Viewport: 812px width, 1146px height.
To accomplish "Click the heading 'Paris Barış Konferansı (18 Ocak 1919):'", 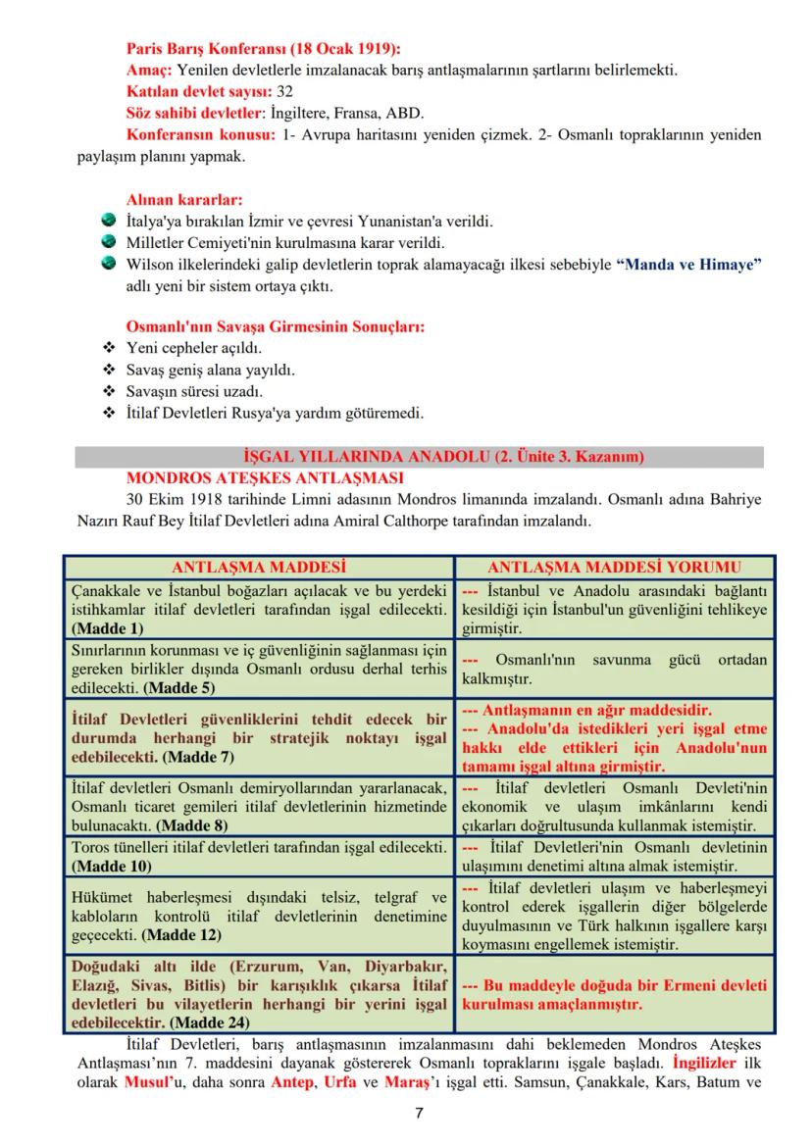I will coord(264,49).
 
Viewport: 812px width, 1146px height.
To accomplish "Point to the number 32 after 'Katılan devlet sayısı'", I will coord(285,90).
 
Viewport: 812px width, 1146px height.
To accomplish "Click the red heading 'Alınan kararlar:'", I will coord(184,199).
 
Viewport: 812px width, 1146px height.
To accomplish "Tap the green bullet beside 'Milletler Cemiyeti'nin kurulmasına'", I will coord(109,241).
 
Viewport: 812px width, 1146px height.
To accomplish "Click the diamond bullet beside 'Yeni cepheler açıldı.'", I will coord(109,348).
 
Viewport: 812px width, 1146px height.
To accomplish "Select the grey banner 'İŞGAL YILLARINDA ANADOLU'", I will coord(419,457).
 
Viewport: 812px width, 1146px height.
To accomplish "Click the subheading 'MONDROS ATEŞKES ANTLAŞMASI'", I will coord(265,478).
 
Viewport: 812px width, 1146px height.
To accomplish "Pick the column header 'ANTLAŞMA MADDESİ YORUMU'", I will coord(614,567).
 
